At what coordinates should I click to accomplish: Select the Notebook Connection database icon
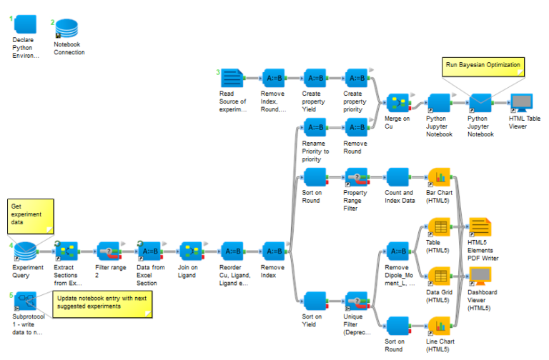click(67, 28)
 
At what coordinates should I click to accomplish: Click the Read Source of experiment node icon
click(232, 78)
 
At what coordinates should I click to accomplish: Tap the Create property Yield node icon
click(315, 78)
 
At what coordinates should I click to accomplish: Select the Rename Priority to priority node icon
click(315, 128)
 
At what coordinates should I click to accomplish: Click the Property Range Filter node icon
click(356, 178)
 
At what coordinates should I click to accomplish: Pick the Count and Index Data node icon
click(397, 178)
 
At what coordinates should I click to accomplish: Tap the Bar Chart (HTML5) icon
click(439, 178)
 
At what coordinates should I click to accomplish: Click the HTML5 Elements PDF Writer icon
click(480, 228)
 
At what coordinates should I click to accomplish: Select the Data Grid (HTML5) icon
click(439, 277)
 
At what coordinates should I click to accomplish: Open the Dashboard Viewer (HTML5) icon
click(480, 277)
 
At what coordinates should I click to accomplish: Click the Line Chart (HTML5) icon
click(439, 326)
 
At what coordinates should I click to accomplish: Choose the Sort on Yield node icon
click(315, 301)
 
